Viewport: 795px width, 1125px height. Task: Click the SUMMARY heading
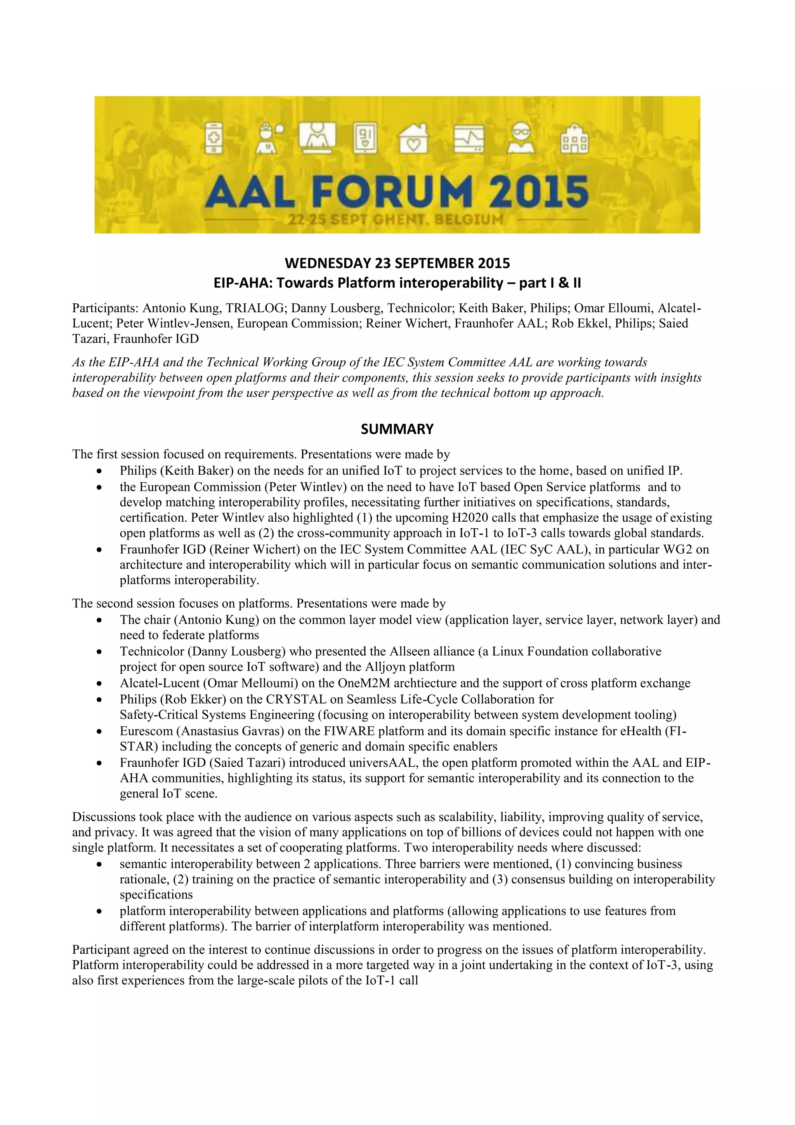coord(397,429)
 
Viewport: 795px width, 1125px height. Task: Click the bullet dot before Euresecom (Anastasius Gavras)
coord(99,731)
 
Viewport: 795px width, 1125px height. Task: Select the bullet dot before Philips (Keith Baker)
coord(99,471)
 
